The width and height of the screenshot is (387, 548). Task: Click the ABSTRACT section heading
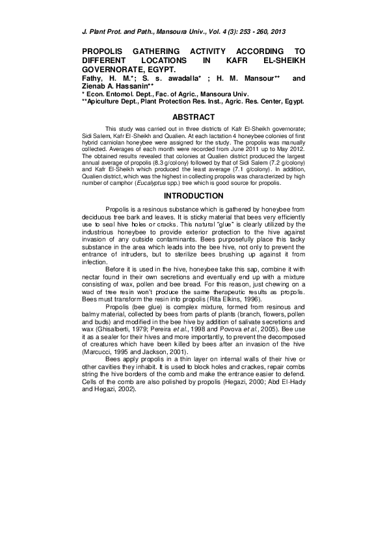click(x=193, y=117)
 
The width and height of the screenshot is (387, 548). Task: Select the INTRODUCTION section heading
click(x=193, y=196)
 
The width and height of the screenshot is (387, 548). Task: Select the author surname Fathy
click(x=92, y=77)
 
